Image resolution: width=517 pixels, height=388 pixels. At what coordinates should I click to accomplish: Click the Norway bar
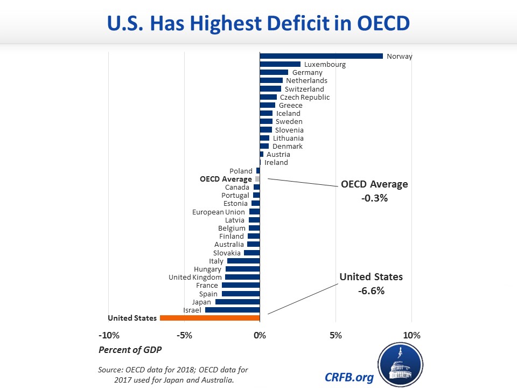[321, 56]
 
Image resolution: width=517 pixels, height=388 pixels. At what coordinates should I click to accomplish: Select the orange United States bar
[209, 318]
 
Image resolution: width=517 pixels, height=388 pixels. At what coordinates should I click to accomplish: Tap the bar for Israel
[232, 310]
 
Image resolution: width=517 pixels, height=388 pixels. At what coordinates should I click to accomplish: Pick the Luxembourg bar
[280, 64]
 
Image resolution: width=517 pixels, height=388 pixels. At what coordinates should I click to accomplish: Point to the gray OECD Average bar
[257, 179]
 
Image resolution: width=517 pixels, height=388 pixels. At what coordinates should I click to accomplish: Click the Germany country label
[307, 73]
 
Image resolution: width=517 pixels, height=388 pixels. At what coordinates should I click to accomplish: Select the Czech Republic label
[305, 97]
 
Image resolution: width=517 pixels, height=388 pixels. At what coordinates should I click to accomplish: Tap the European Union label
[219, 212]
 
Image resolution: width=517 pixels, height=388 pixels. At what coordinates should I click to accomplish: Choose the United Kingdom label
[195, 277]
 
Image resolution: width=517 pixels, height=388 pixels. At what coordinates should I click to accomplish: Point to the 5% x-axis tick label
[336, 336]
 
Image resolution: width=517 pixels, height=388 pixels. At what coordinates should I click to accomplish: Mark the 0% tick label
[260, 336]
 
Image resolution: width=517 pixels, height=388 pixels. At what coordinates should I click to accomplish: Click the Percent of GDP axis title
[129, 350]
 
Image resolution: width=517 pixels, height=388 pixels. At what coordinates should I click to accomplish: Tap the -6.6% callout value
[371, 290]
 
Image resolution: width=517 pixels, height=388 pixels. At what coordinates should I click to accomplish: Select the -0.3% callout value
[374, 198]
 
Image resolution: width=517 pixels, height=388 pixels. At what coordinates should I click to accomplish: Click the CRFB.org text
[349, 377]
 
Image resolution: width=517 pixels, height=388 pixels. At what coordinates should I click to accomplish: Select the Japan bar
[237, 302]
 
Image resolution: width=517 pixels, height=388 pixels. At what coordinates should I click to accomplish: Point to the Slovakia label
[227, 253]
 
